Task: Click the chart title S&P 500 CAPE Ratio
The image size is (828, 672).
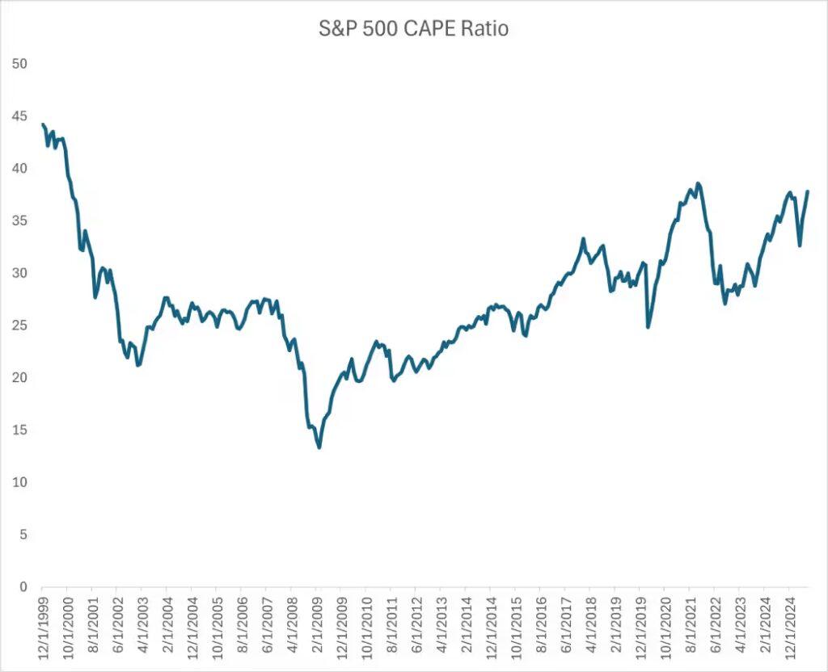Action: [413, 30]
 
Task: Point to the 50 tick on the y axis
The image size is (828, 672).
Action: [18, 64]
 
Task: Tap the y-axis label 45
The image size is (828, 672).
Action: [18, 116]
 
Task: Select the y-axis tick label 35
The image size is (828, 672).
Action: [18, 220]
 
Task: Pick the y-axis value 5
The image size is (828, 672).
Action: [21, 535]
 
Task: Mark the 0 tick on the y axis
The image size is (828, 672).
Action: [21, 587]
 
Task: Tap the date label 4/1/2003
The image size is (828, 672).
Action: [142, 628]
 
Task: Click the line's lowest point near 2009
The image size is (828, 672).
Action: [319, 447]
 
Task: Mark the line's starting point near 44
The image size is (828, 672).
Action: [42, 124]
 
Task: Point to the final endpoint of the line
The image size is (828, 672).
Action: [808, 191]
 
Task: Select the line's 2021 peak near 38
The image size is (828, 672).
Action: [698, 183]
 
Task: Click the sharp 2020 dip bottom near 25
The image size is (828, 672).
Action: [648, 326]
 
